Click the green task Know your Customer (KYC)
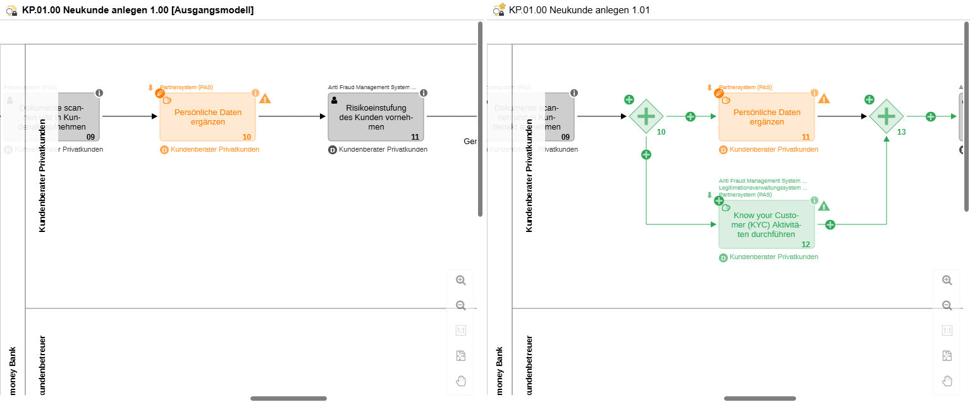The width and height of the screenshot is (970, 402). [x=766, y=224]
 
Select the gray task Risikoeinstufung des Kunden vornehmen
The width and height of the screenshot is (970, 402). [x=376, y=117]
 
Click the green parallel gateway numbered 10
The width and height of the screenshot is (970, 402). [x=646, y=116]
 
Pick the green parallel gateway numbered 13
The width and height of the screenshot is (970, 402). [x=887, y=116]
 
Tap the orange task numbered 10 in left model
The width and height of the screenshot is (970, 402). [x=208, y=117]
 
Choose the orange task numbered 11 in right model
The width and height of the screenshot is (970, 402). [x=766, y=117]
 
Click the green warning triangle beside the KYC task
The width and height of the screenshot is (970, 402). [x=824, y=205]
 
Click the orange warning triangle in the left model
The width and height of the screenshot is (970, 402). [x=265, y=99]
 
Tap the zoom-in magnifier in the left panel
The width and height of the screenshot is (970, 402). [x=461, y=280]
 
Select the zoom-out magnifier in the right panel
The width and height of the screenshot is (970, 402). [x=947, y=305]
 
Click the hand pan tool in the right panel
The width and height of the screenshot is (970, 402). [x=947, y=381]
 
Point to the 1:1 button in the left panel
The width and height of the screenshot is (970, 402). [x=461, y=331]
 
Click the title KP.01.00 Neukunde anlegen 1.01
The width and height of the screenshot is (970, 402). [x=579, y=10]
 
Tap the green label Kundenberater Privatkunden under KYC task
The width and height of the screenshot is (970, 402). [x=773, y=257]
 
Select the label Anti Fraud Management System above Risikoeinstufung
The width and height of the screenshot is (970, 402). [x=372, y=87]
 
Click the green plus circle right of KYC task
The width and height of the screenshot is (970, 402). [x=830, y=224]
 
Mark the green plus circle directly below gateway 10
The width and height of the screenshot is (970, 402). [x=646, y=154]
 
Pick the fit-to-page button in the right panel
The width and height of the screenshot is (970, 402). [x=947, y=356]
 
